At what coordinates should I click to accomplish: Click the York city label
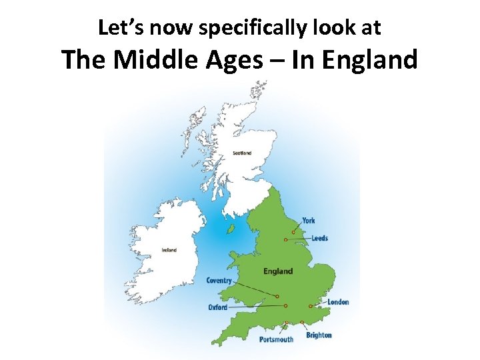[309, 221]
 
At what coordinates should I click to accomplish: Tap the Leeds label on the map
[319, 238]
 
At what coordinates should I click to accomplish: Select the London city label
[338, 302]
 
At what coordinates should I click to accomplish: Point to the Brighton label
[319, 335]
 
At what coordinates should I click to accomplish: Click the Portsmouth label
[276, 339]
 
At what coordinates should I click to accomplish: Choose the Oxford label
[217, 307]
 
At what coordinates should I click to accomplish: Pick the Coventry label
[219, 281]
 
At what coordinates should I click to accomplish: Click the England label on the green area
[278, 271]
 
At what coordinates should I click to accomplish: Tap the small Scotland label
[242, 153]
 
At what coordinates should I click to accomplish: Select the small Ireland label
[169, 250]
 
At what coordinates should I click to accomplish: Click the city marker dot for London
[310, 306]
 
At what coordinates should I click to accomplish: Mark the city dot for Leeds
[285, 239]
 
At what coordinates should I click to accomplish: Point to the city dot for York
[293, 233]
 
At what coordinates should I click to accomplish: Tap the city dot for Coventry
[277, 297]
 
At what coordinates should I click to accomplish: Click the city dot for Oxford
[285, 306]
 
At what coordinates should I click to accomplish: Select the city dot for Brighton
[302, 323]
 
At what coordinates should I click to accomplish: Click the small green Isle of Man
[231, 229]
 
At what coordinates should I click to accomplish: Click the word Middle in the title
[147, 61]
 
